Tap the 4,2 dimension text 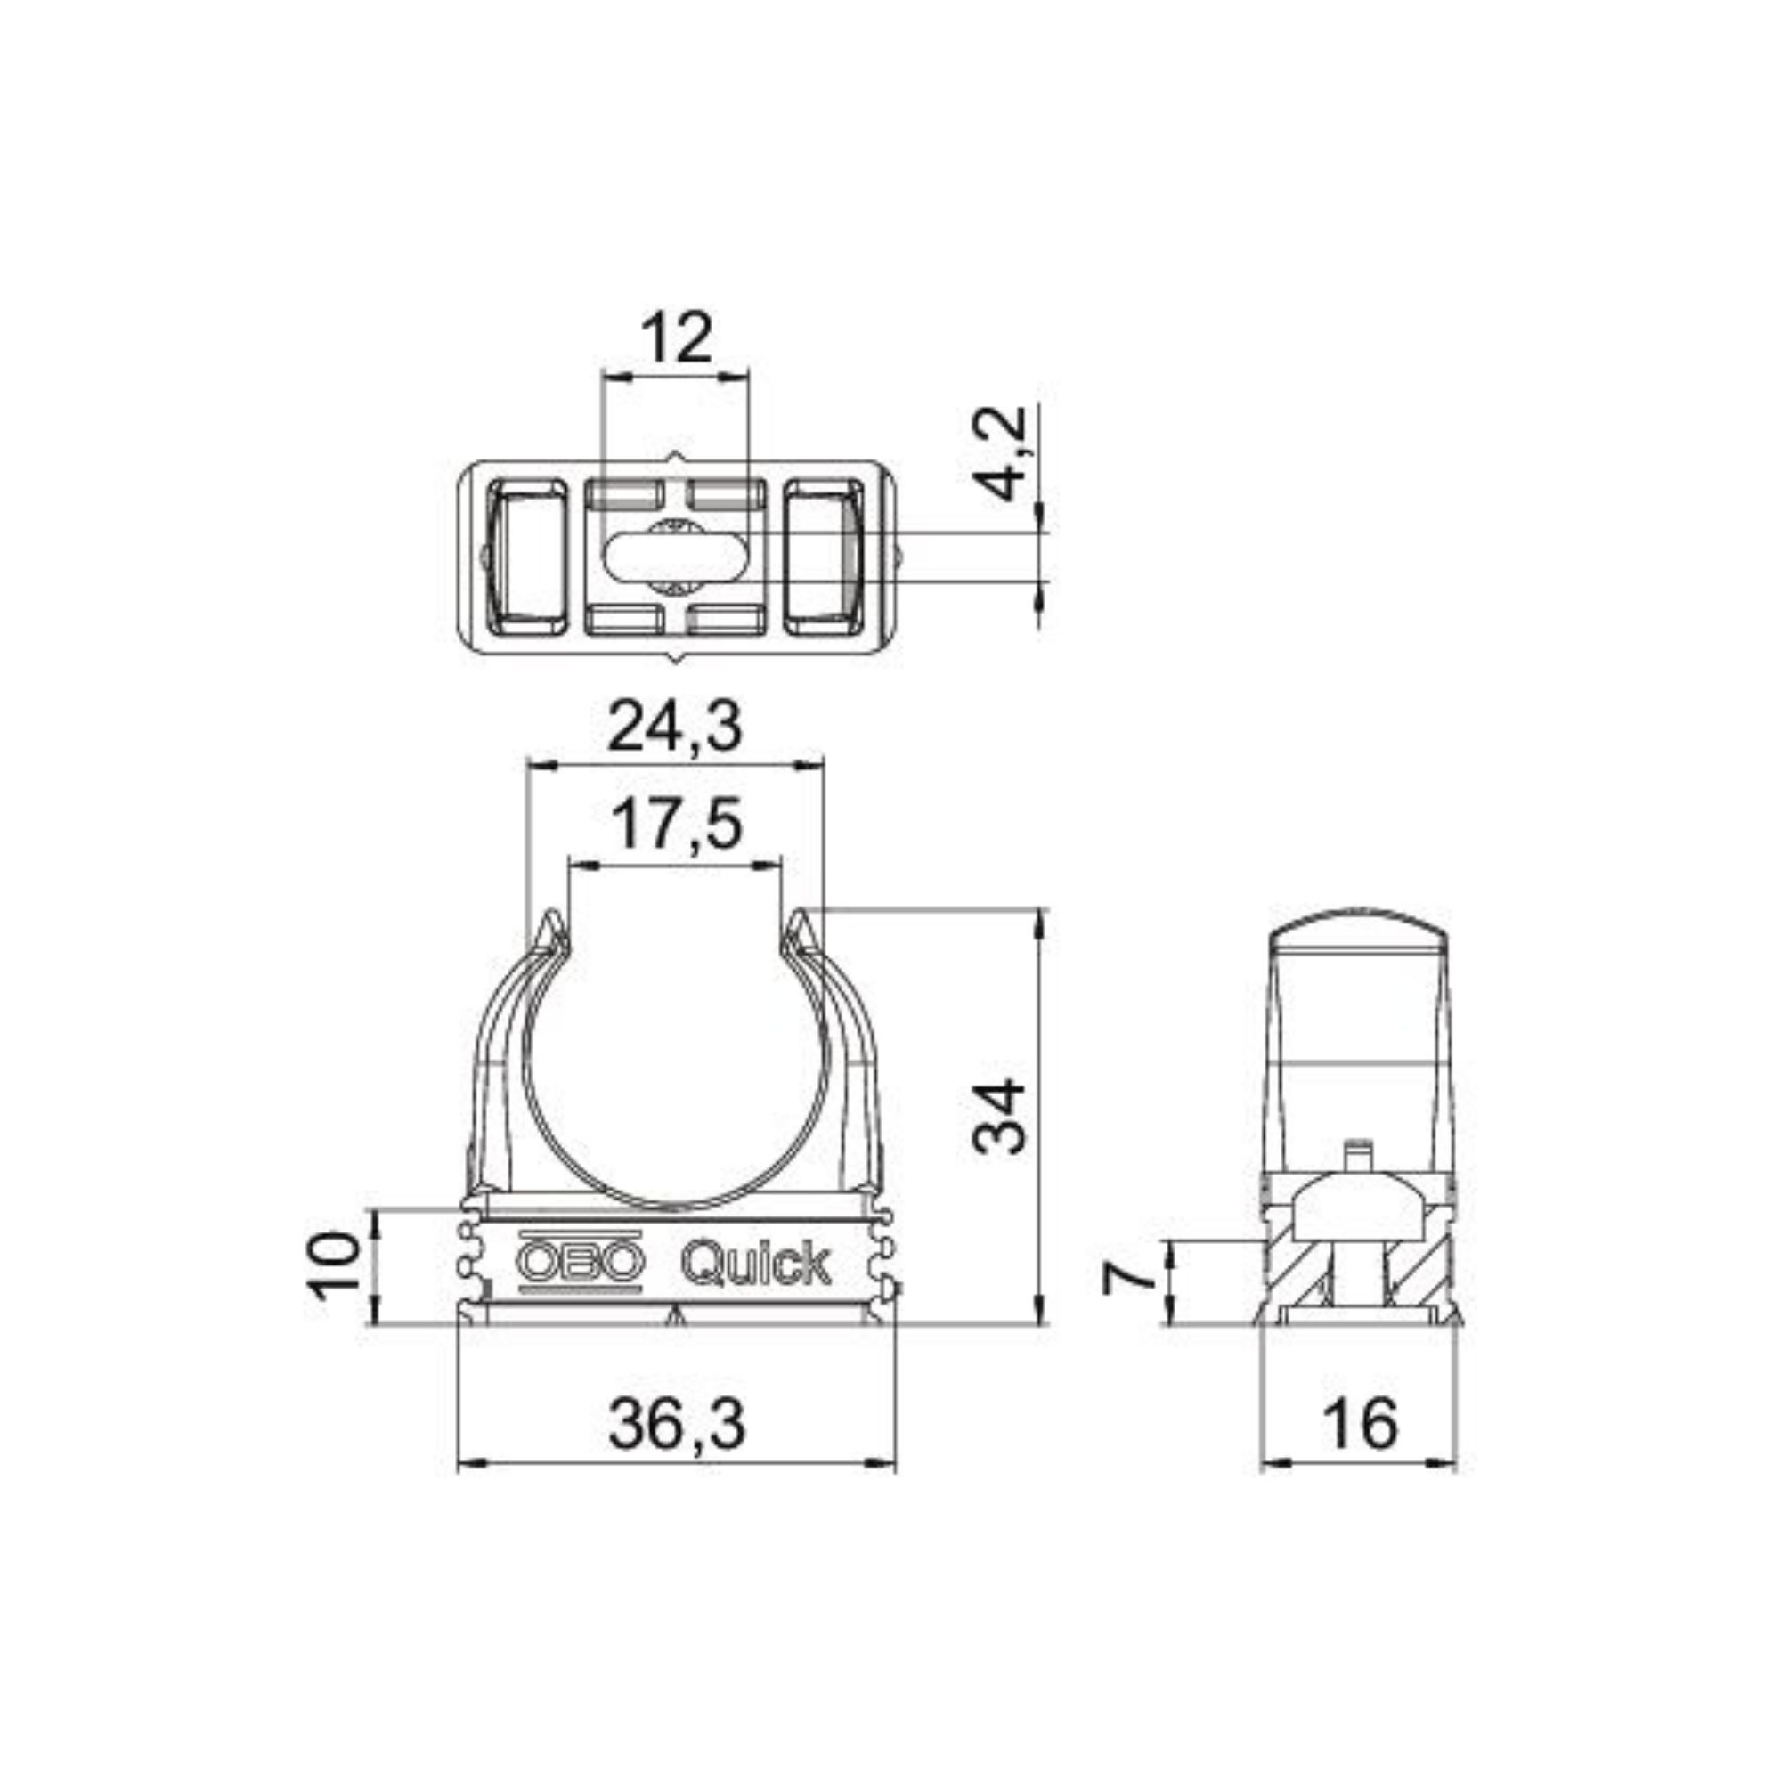[1002, 453]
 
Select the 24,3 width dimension [677, 728]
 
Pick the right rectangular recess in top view [822, 557]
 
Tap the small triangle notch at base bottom [678, 1317]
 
